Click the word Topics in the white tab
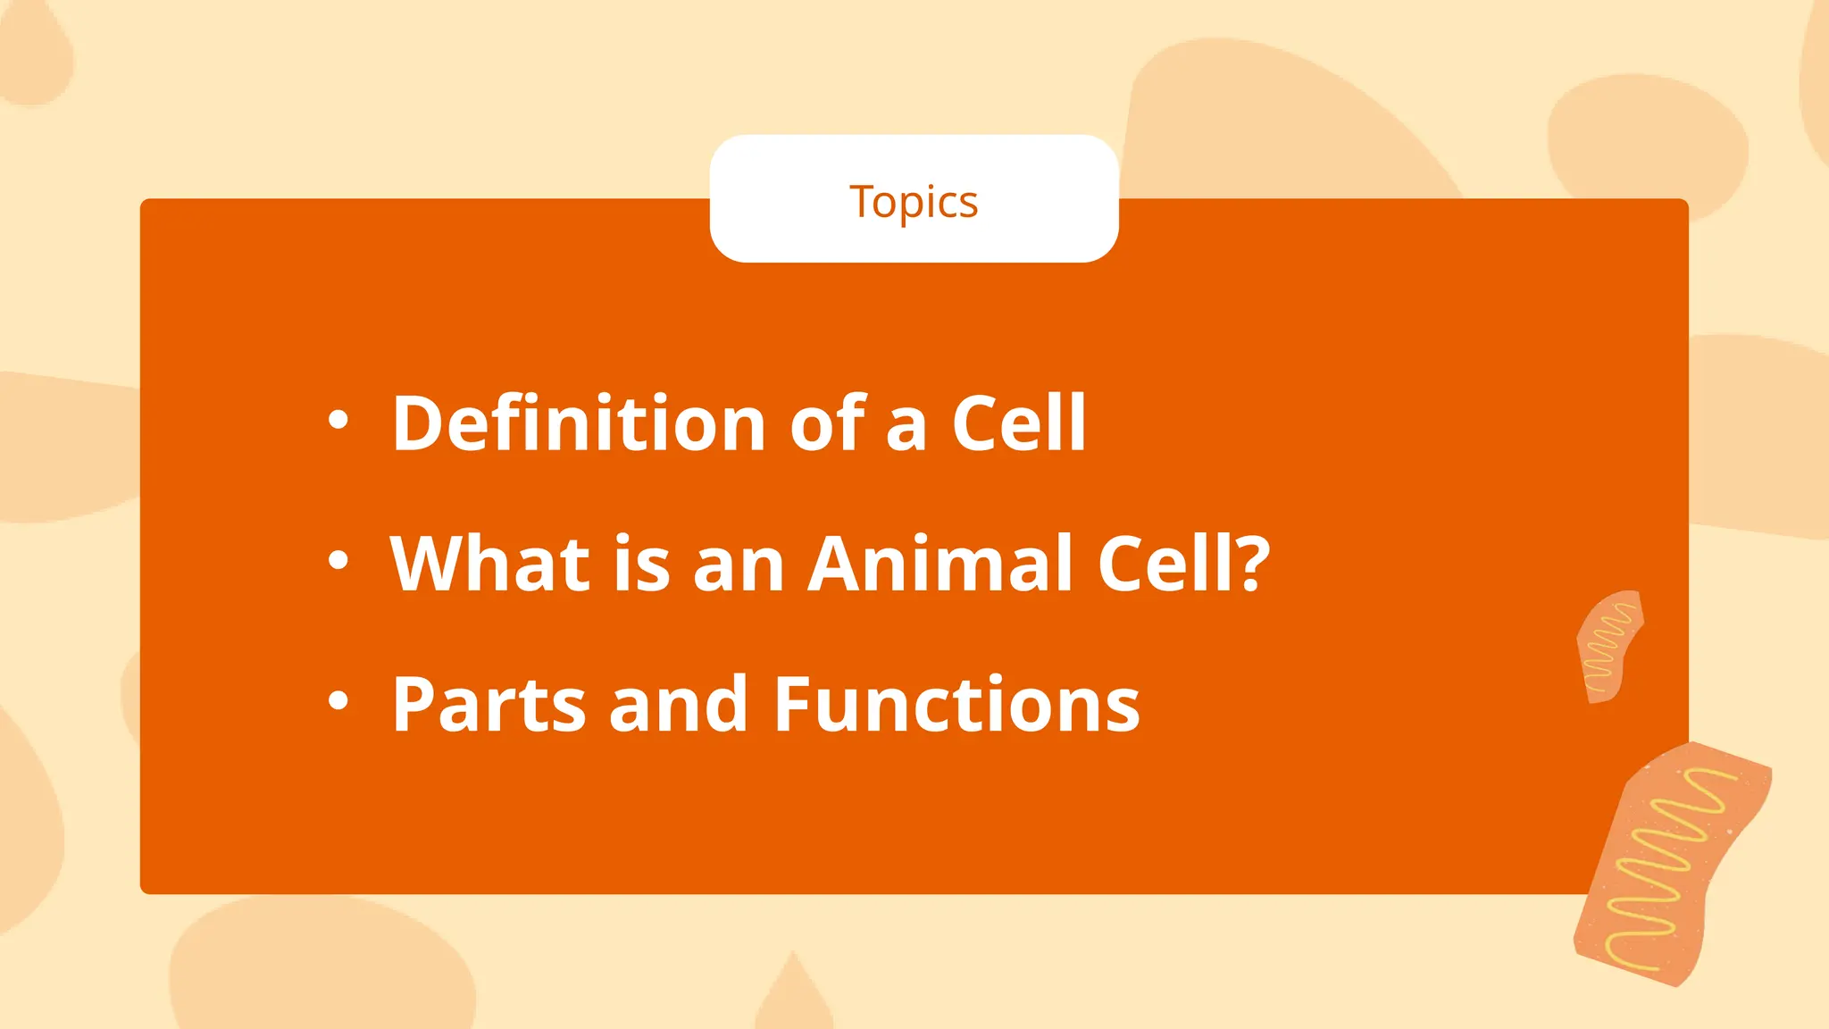tap(914, 202)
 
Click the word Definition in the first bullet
tap(579, 422)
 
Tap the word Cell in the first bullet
tap(1018, 422)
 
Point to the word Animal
tap(940, 564)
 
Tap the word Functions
tap(956, 705)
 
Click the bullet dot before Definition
tap(338, 419)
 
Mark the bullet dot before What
tap(338, 560)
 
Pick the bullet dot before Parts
tap(338, 701)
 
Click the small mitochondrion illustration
tap(1609, 647)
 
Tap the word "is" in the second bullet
tap(641, 564)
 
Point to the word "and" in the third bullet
tap(678, 705)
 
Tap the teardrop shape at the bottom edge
tap(793, 996)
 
